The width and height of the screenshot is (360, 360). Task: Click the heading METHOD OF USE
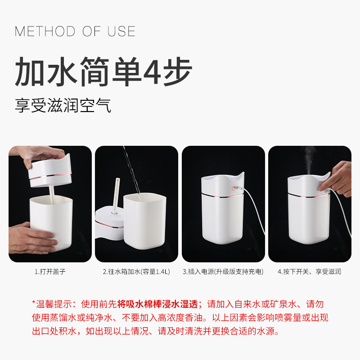click(x=75, y=31)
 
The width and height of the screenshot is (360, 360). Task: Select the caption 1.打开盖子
click(x=50, y=272)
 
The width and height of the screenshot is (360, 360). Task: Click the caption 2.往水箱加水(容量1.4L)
click(x=136, y=272)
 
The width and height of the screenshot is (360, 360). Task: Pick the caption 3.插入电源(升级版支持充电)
click(x=223, y=272)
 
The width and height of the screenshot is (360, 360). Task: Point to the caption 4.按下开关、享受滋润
click(x=310, y=272)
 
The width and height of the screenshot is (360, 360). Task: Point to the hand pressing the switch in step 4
click(x=340, y=178)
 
